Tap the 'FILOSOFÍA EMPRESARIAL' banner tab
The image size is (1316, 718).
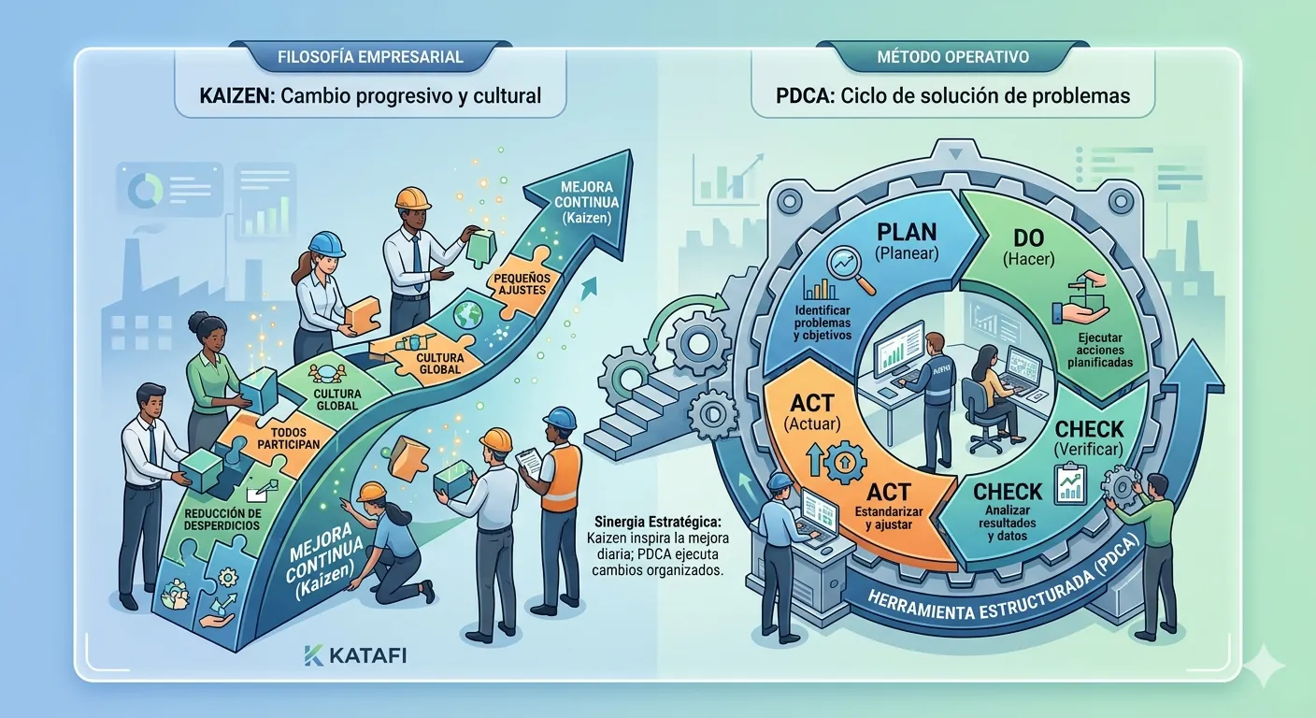pyautogui.click(x=370, y=57)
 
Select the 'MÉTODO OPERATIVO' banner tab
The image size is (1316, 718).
pyautogui.click(x=953, y=57)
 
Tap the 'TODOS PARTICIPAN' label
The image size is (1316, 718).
pyautogui.click(x=289, y=438)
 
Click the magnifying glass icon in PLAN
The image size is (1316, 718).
pyautogui.click(x=851, y=269)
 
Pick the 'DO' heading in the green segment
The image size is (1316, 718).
pyautogui.click(x=1028, y=238)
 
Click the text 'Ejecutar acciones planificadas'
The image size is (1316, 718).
pyautogui.click(x=1099, y=350)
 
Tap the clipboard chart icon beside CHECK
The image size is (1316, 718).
pyautogui.click(x=1070, y=483)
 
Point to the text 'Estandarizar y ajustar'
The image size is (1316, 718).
pyautogui.click(x=888, y=518)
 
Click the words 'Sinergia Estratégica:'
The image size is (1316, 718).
pyautogui.click(x=657, y=521)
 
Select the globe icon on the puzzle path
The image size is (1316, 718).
pyautogui.click(x=467, y=314)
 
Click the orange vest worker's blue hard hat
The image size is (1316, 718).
pyautogui.click(x=559, y=418)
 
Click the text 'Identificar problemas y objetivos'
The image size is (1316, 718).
pyautogui.click(x=822, y=323)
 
